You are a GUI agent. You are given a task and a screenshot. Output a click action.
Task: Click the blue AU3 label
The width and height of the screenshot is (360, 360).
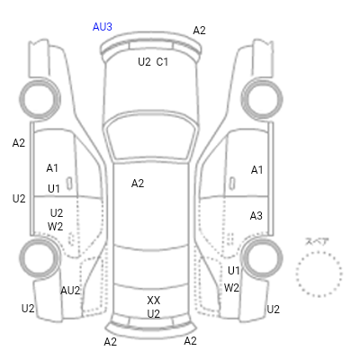pyautogui.click(x=103, y=27)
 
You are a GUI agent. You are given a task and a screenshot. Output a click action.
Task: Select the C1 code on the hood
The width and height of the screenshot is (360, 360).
pyautogui.click(x=162, y=62)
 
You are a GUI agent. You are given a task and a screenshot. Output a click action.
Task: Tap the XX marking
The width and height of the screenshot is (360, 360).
pyautogui.click(x=154, y=301)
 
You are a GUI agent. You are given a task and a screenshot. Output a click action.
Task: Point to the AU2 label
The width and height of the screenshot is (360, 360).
pyautogui.click(x=70, y=291)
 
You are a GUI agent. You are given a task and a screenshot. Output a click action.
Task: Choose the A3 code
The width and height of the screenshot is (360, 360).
pyautogui.click(x=256, y=215)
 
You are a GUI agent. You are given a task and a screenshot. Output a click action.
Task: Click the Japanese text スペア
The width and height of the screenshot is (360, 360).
pyautogui.click(x=317, y=241)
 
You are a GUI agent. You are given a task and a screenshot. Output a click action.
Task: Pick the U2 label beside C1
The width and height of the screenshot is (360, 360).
pyautogui.click(x=144, y=62)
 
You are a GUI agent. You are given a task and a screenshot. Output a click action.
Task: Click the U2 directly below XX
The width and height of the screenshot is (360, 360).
pyautogui.click(x=154, y=314)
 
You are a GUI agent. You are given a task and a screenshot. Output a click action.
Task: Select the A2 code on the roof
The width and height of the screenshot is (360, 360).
pyautogui.click(x=138, y=184)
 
